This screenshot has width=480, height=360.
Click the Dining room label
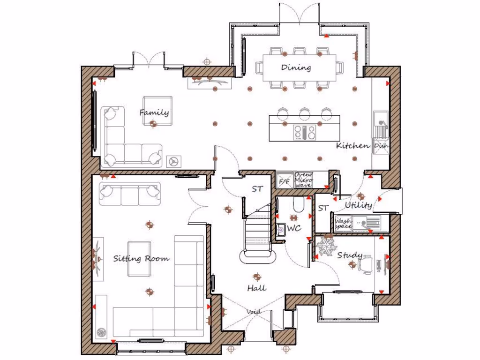[x=296, y=67]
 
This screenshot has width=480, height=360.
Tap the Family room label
[x=154, y=112]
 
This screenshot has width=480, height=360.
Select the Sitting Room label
[x=141, y=259]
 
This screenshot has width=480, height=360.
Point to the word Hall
[x=256, y=288]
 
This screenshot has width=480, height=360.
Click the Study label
[x=350, y=255]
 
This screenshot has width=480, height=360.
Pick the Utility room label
[x=359, y=205]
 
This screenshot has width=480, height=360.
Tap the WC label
[x=294, y=228]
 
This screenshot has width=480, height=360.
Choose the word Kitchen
[x=352, y=146]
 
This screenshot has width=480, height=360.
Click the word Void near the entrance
[x=254, y=312]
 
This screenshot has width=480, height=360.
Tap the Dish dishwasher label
[x=380, y=146]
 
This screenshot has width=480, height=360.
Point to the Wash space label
[x=343, y=223]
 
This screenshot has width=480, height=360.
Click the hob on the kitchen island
[x=304, y=133]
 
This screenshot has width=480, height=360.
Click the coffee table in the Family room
[x=157, y=111]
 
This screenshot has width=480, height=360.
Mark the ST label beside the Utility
[x=322, y=208]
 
